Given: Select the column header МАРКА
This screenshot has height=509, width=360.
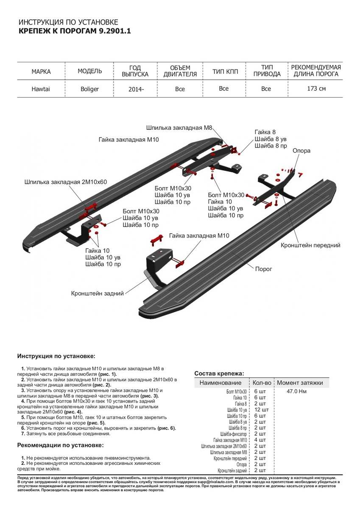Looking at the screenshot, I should point(41,71).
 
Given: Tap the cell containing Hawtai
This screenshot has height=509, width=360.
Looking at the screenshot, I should point(41,89).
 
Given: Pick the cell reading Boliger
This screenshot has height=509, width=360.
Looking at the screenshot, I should point(89,89).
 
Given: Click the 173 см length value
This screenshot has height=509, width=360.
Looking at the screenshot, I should point(316,89).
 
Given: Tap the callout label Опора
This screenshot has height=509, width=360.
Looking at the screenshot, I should point(301,151).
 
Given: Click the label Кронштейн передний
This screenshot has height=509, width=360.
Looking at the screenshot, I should point(310,245).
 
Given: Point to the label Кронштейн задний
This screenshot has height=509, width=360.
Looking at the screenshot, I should point(98,293).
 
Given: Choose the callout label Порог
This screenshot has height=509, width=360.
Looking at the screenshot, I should point(263,269).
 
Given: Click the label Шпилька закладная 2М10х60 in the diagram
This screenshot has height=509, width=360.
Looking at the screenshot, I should point(66,182).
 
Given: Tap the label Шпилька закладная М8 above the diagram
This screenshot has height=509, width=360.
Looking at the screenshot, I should point(179,127).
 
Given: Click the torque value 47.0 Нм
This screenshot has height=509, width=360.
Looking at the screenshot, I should point(296,391).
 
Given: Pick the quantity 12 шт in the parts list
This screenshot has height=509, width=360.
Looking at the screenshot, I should point(261,410).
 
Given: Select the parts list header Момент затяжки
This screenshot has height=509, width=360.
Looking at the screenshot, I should point(300,383).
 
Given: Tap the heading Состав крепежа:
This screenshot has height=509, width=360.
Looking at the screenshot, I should point(219,373).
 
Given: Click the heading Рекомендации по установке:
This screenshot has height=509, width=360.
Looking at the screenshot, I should point(60,445).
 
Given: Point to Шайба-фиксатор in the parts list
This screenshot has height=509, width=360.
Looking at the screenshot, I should point(233,434).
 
